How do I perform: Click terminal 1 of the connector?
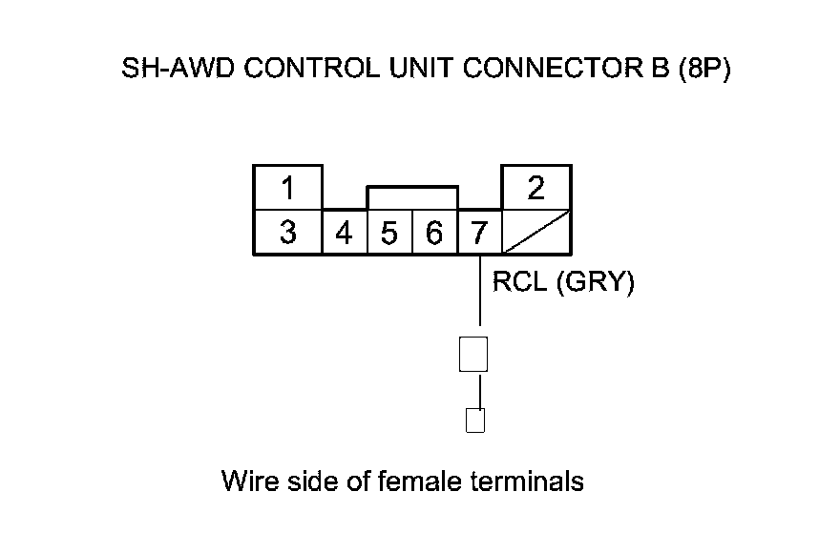[287, 189]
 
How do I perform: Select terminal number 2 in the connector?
[536, 189]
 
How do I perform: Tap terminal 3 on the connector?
[287, 233]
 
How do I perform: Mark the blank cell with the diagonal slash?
[536, 233]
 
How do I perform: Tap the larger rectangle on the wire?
[473, 354]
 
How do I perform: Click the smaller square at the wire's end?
[474, 420]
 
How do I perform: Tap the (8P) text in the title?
[703, 72]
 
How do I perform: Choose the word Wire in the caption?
[247, 481]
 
